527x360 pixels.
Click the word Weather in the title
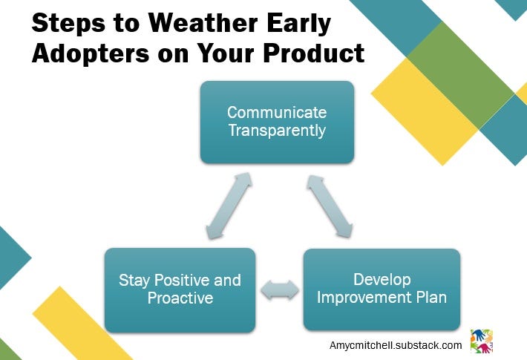pos(203,23)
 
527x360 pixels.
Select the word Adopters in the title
pos(91,54)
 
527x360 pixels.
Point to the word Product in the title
pos(314,53)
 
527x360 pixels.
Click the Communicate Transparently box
pos(277,122)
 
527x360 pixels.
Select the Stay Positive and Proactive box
pos(180,290)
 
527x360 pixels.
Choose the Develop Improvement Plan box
pos(382,289)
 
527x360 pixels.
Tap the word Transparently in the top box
pos(277,131)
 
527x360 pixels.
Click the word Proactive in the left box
pos(180,298)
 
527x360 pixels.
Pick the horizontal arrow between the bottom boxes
pos(280,289)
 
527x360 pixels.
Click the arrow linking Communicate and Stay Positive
pos(229,206)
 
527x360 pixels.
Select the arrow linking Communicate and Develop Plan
pos(330,206)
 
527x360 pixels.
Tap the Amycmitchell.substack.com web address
pos(396,346)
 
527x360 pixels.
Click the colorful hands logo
pos(482,341)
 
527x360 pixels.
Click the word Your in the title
pos(225,53)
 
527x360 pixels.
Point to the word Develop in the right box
pos(382,280)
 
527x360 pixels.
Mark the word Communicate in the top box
pos(277,112)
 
